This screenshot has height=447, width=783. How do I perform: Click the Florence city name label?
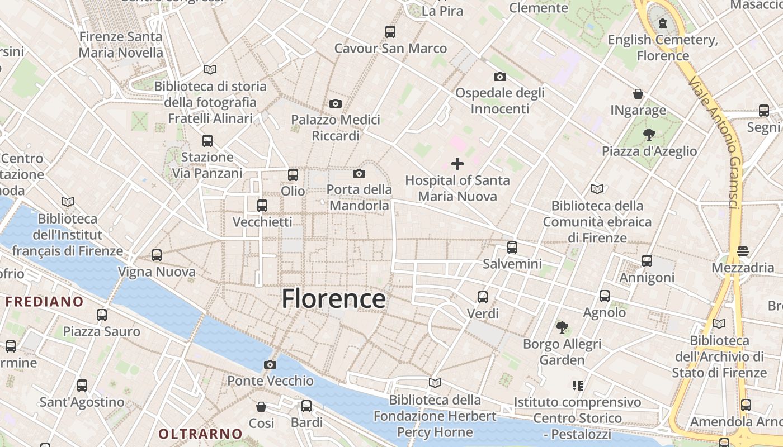(333, 299)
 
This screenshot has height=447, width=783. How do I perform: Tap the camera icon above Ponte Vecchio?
(270, 365)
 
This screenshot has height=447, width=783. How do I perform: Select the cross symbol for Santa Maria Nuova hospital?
(457, 164)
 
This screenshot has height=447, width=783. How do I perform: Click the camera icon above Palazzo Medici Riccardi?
(336, 103)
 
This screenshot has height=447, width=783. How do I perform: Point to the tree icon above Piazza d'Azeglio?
(649, 134)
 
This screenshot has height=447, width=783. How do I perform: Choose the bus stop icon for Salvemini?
(512, 247)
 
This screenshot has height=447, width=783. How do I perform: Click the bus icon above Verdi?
(483, 297)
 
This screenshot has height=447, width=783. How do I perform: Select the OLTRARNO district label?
(200, 434)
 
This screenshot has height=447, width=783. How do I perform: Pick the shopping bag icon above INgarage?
(638, 93)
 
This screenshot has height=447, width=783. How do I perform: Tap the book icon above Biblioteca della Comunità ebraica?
(597, 189)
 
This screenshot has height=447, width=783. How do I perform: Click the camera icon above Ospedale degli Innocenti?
(500, 77)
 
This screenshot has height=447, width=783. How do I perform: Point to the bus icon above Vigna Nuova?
(157, 255)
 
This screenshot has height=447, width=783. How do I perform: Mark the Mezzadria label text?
(743, 268)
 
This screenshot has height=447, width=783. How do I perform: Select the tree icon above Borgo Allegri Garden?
(562, 327)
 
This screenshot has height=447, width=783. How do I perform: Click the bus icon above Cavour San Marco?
(390, 32)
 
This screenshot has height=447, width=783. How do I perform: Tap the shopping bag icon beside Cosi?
(261, 406)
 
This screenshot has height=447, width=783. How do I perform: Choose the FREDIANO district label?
(44, 302)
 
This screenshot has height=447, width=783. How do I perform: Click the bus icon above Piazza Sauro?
(102, 315)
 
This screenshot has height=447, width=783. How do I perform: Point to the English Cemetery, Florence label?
(663, 47)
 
